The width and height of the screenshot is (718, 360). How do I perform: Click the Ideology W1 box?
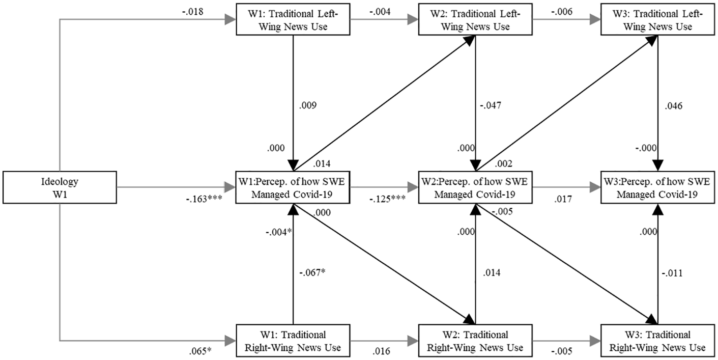tap(60, 187)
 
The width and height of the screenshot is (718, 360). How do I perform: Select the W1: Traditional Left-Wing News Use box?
tap(293, 19)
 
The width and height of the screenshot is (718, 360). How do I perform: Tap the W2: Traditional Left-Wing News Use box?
tap(475, 19)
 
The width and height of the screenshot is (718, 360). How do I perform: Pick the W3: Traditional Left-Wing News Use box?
tap(658, 19)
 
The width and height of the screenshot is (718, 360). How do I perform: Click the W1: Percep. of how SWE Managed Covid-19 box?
tap(293, 187)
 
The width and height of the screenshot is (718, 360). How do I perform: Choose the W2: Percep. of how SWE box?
tap(475, 187)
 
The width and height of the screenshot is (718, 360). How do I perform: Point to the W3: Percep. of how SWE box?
tap(658, 187)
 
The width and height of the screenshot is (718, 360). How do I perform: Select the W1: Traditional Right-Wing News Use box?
tap(293, 341)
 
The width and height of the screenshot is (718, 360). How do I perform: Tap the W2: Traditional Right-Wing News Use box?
tap(475, 341)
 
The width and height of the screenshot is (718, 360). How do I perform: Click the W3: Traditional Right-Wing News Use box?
tap(658, 341)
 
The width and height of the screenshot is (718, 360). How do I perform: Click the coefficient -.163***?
tap(204, 199)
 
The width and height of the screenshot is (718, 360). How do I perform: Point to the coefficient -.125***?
tap(387, 199)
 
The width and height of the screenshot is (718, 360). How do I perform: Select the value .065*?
tap(200, 351)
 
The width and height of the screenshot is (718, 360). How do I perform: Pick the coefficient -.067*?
tap(312, 272)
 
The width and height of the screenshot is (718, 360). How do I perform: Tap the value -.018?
tap(193, 12)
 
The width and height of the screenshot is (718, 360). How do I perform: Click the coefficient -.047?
tap(491, 105)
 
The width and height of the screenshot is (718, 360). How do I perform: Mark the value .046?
tap(674, 106)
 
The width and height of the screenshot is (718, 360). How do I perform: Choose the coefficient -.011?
tap(672, 273)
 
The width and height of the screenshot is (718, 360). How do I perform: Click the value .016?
tap(382, 351)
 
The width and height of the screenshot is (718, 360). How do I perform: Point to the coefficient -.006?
tap(562, 12)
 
